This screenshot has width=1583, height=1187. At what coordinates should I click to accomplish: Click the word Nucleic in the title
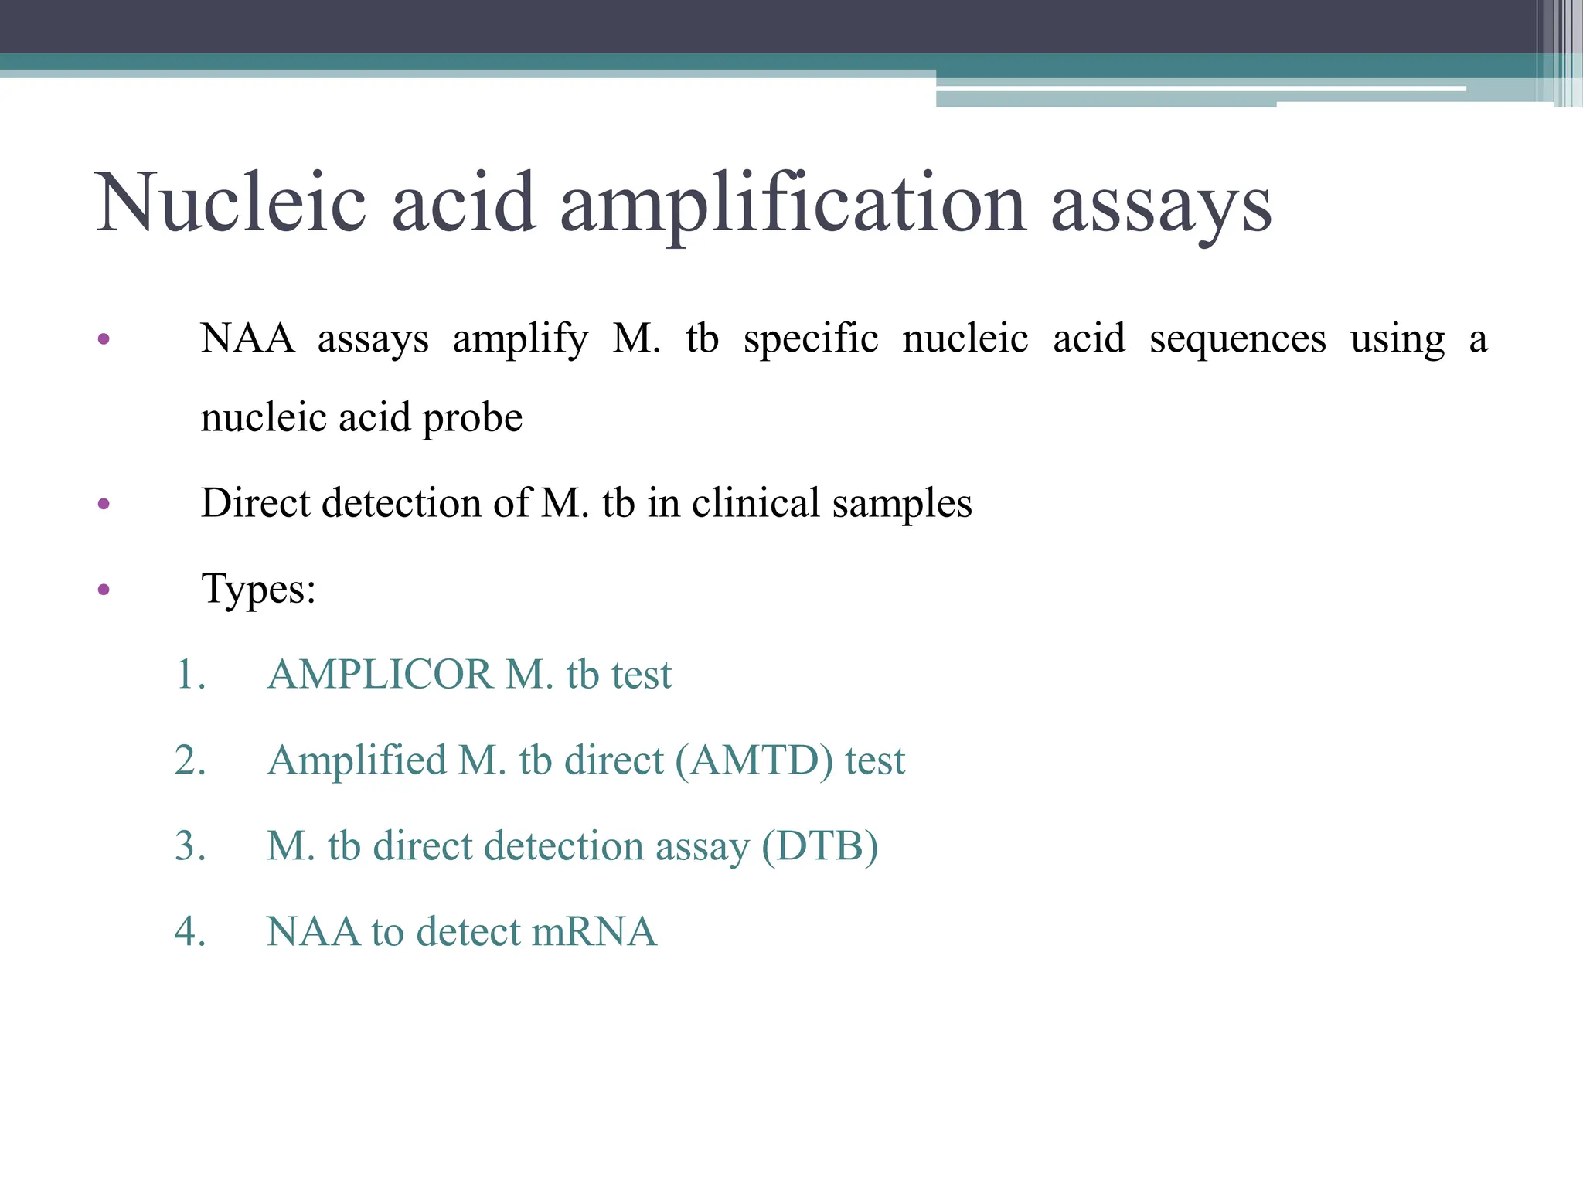tap(230, 202)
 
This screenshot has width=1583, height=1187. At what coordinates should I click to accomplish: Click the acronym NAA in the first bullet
tap(247, 338)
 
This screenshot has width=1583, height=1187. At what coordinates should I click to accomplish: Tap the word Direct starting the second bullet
tap(255, 503)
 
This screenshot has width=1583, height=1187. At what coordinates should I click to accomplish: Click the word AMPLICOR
tap(380, 675)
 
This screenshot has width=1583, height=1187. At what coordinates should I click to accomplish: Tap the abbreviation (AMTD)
tap(754, 761)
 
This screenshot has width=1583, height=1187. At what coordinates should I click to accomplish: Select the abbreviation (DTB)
tap(819, 847)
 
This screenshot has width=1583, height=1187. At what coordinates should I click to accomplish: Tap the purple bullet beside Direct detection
tap(104, 505)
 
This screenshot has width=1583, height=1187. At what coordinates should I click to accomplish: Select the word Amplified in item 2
tap(356, 761)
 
